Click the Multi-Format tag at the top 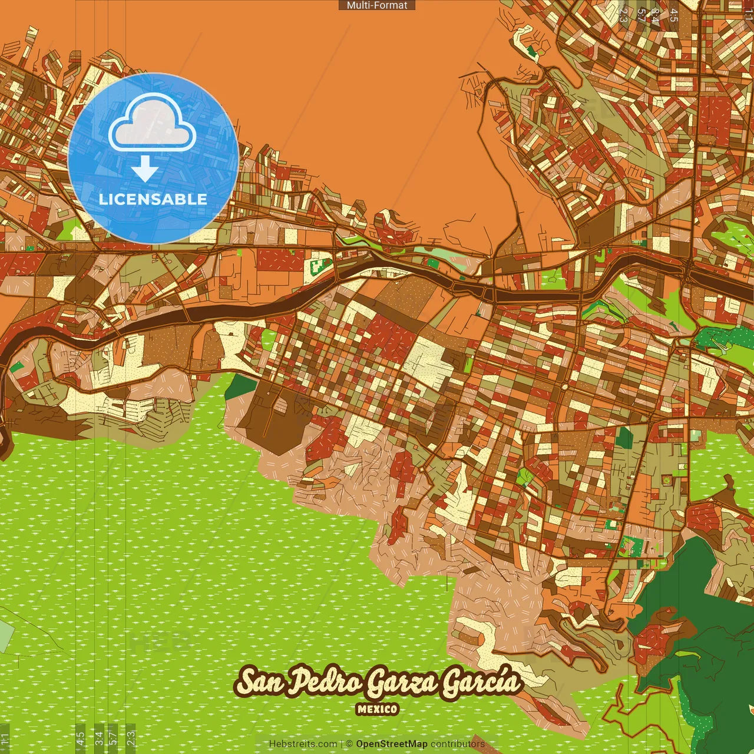tap(377, 5)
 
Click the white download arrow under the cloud tap(145, 170)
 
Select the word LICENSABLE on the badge tap(153, 199)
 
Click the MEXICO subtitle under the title tap(377, 709)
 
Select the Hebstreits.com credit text tap(303, 744)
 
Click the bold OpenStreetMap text tap(392, 744)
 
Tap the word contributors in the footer tap(458, 744)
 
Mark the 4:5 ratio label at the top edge tap(674, 15)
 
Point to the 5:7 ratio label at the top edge tap(641, 15)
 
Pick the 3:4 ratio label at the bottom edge tap(99, 738)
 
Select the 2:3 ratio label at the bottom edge tap(131, 738)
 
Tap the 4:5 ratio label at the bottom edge tap(80, 738)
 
